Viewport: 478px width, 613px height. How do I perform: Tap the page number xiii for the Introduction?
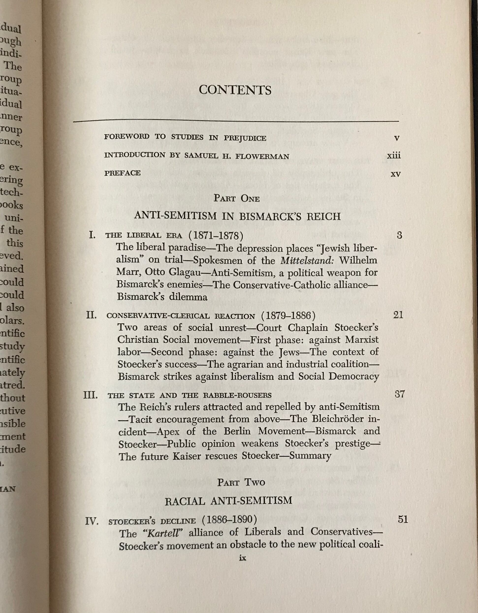(x=394, y=155)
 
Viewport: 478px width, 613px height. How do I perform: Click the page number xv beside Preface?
(x=396, y=174)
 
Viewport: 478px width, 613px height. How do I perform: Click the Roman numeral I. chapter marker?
(x=92, y=234)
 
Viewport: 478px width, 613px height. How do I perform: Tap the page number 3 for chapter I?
(x=399, y=235)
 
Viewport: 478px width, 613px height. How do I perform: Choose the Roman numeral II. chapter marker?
(x=91, y=315)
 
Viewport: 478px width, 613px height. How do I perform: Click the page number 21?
(x=398, y=315)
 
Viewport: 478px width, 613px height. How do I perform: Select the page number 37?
(x=399, y=394)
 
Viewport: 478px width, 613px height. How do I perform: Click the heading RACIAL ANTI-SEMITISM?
(x=228, y=501)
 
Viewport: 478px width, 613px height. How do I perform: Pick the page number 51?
(x=403, y=519)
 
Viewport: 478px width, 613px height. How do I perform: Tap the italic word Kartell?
(x=163, y=533)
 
